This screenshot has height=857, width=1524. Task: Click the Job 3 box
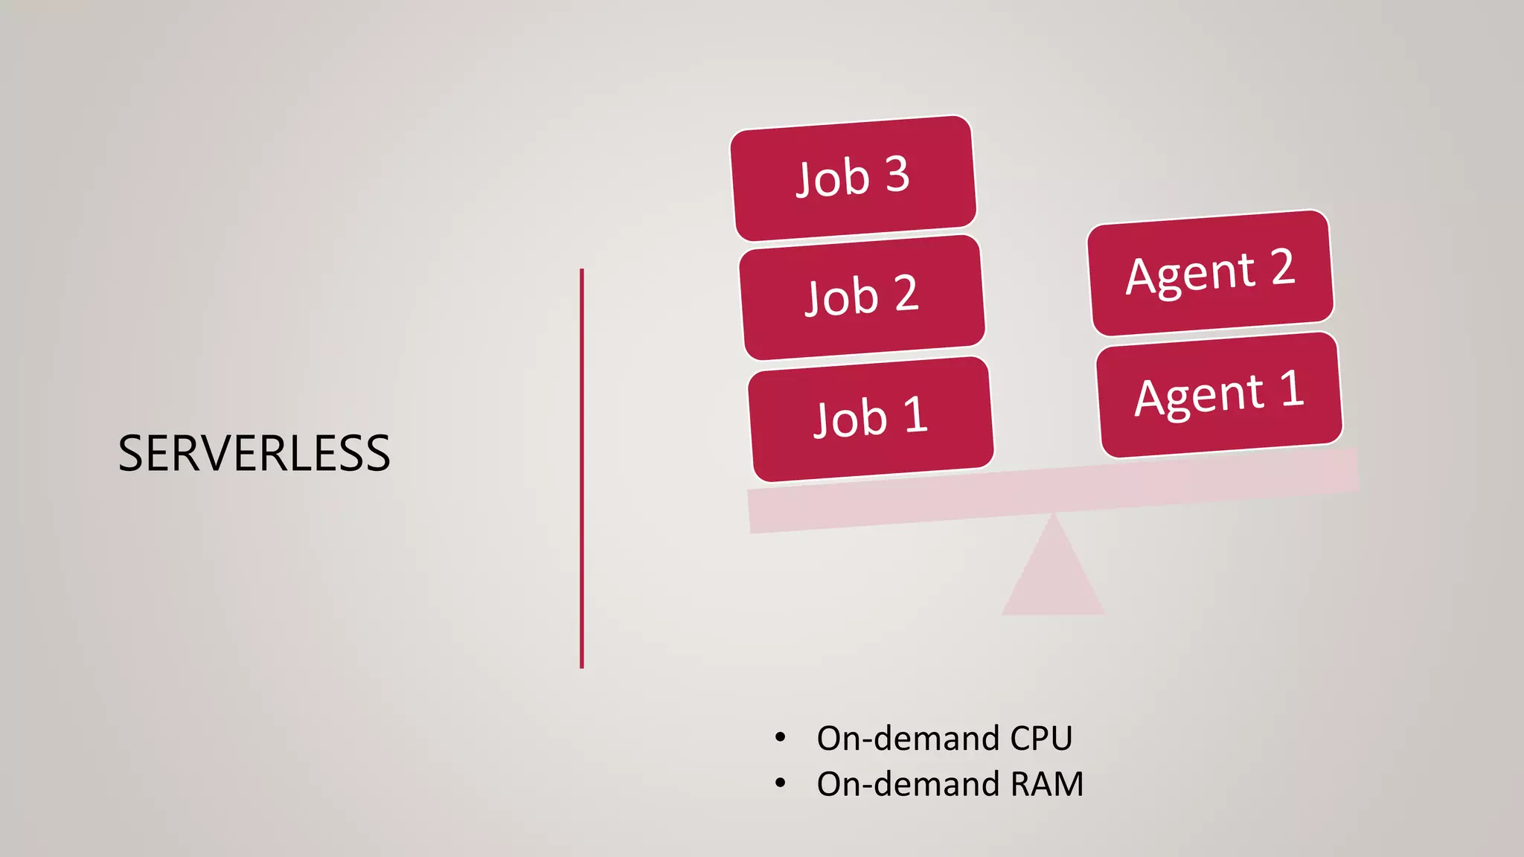point(853,178)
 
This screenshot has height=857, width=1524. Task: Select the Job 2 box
point(862,297)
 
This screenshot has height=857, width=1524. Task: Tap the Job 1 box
point(871,419)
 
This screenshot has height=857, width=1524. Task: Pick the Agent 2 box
point(1210,272)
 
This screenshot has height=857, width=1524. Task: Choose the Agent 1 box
point(1219,394)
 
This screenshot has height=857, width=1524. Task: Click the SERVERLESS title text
point(254,454)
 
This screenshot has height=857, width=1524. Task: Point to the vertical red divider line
point(582,469)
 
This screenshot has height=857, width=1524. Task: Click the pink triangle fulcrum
point(1053,577)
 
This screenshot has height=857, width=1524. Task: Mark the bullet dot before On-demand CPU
point(780,737)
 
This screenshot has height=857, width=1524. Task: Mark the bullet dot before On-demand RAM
point(780,783)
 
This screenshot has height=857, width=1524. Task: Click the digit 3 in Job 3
point(897,174)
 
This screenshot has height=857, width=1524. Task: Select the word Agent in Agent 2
point(1191,275)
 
